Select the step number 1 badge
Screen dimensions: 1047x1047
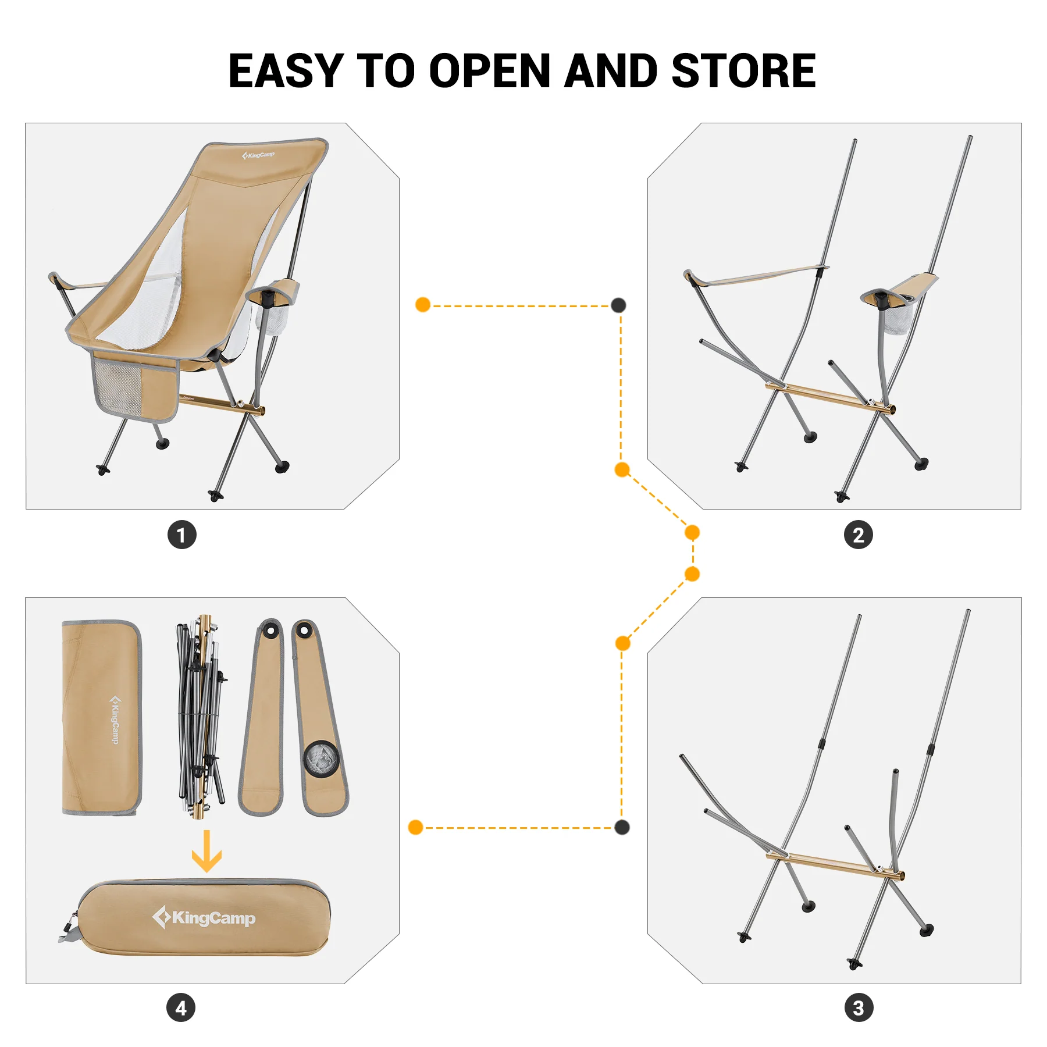tap(182, 535)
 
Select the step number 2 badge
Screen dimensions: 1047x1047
tap(858, 535)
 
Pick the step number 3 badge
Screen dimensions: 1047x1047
tap(859, 1007)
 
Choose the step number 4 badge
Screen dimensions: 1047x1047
tap(181, 1007)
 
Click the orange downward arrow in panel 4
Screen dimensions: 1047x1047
tap(206, 851)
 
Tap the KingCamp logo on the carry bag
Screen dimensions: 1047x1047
tap(204, 918)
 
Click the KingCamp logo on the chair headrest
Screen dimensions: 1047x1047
tap(258, 155)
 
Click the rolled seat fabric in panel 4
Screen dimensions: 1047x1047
tap(102, 718)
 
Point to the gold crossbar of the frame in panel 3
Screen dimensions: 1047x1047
tap(835, 866)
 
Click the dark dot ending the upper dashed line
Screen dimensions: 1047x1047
tap(618, 305)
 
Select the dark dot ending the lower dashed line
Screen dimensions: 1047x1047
tap(622, 827)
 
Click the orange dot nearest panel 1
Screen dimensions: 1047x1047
tap(423, 305)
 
